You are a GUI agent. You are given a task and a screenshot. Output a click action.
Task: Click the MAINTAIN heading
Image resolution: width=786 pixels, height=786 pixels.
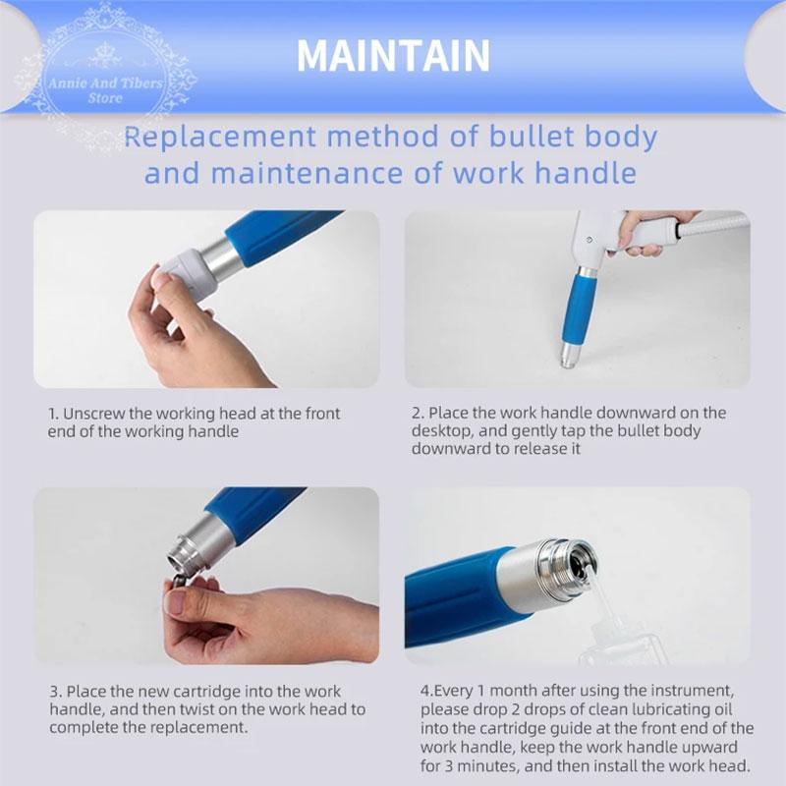tap(393, 56)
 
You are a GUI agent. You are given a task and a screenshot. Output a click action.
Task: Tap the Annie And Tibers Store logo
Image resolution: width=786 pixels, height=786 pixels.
tap(106, 77)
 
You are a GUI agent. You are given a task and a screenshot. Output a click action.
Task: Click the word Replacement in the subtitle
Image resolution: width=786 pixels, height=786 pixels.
tap(220, 137)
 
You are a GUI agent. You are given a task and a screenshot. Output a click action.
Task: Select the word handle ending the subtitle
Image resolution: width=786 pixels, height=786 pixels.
tap(586, 173)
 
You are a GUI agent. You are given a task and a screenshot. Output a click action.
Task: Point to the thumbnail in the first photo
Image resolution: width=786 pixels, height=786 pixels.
tap(160, 279)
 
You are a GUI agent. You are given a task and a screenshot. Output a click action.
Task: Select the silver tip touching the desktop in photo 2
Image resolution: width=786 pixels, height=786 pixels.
tap(569, 356)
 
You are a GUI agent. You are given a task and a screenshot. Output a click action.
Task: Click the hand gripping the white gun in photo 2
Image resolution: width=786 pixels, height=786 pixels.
tap(646, 231)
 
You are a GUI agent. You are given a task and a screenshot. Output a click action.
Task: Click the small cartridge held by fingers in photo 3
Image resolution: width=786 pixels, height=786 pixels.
tap(178, 582)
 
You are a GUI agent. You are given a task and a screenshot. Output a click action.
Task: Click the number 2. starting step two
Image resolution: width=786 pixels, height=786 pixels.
tap(418, 413)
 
